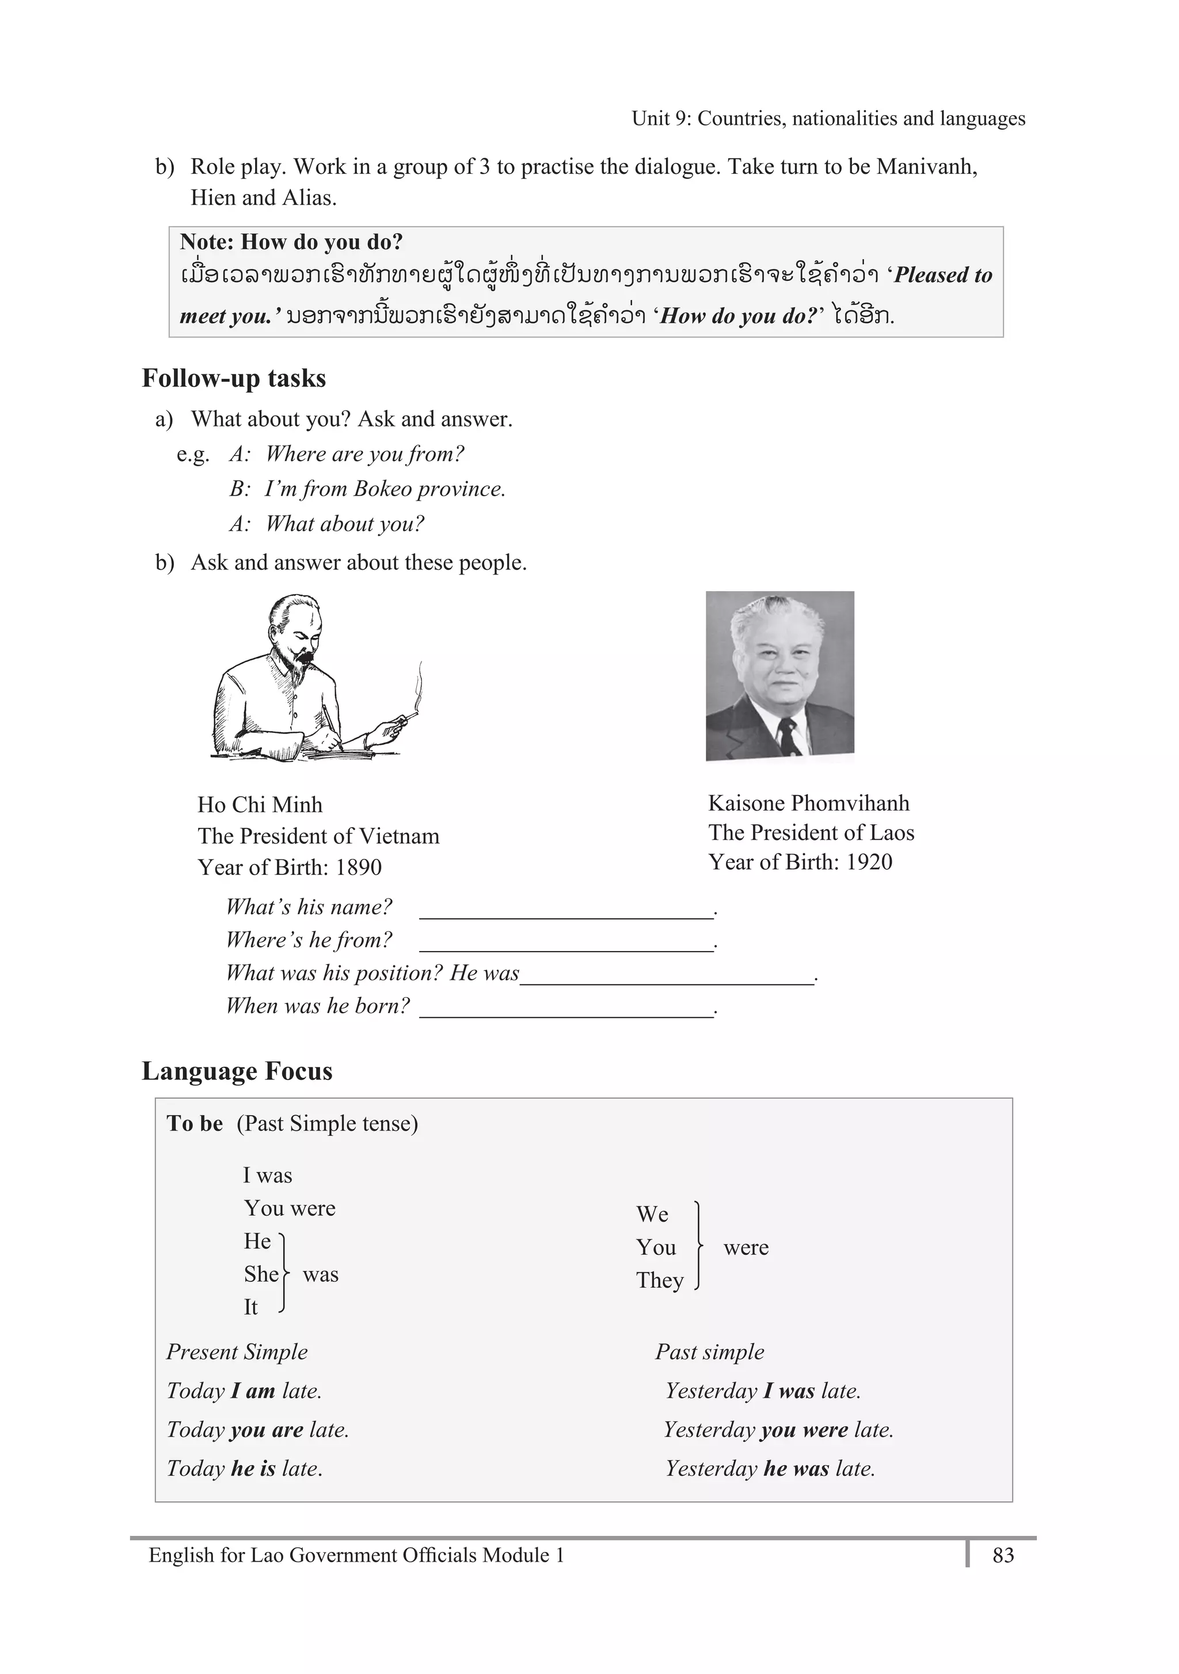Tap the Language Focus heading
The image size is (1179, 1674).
point(237,1071)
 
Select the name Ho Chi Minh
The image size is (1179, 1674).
point(260,805)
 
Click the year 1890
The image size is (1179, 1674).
point(358,868)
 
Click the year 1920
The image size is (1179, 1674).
point(869,862)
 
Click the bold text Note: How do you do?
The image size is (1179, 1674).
point(291,242)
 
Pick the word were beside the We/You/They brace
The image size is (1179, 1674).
point(745,1247)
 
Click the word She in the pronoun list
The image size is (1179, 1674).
point(261,1274)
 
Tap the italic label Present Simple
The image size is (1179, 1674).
point(237,1352)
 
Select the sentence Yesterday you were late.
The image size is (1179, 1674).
point(778,1430)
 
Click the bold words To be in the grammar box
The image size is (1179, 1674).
point(195,1124)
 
